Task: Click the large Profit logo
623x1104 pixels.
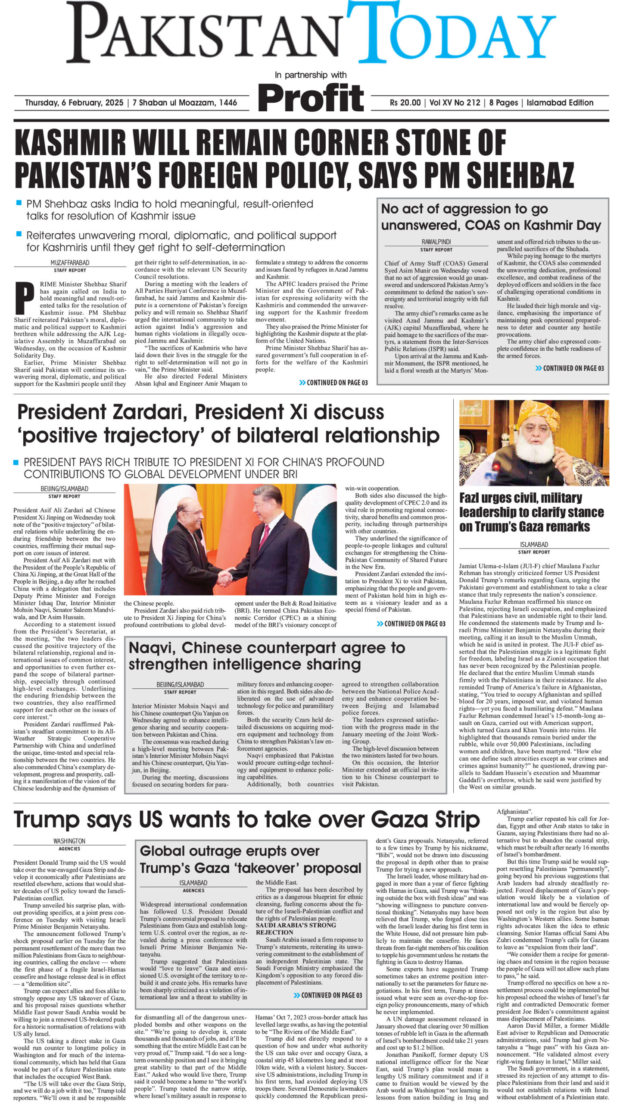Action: pos(311,98)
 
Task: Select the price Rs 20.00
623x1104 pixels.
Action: pos(405,103)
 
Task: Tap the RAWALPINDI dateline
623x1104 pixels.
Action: pos(436,242)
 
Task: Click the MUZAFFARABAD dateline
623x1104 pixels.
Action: pos(70,263)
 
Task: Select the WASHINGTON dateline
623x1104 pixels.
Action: pos(69,841)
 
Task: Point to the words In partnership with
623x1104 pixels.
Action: pos(311,75)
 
